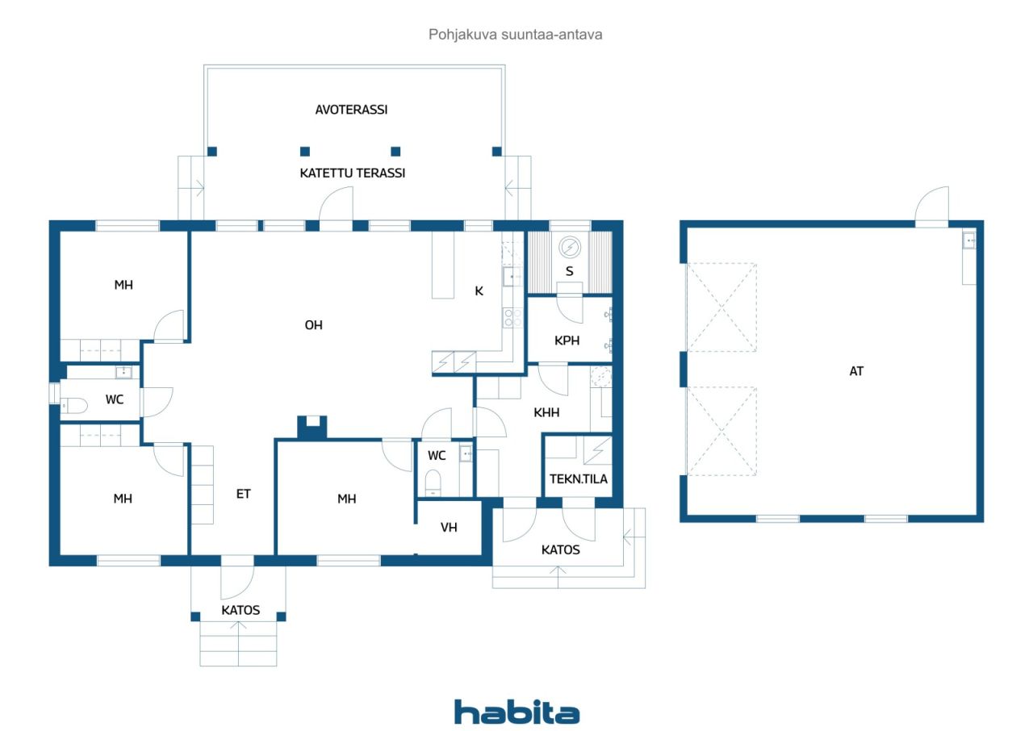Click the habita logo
coord(516,712)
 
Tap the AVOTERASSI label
coord(351,110)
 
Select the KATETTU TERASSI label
coord(353,173)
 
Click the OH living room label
coord(314,325)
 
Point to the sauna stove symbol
coord(570,247)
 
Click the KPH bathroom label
coord(567,340)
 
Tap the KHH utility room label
coord(546,412)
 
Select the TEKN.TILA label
coord(579,479)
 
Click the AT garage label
coord(856,371)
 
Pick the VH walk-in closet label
coord(449,528)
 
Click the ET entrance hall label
coord(243,494)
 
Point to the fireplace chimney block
coord(312,427)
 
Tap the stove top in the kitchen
coord(512,318)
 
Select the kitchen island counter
coord(443,265)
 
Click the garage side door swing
coord(931,206)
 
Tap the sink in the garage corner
coord(968,240)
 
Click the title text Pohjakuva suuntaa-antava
coord(516,35)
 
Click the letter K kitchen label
coord(479,290)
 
